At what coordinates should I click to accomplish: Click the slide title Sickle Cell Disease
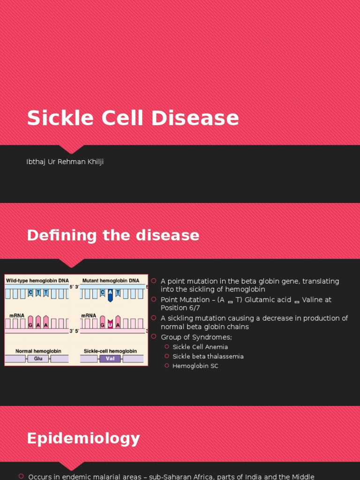coord(133,118)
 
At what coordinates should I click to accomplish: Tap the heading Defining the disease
coord(113,235)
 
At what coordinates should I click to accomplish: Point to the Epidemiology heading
coord(83,438)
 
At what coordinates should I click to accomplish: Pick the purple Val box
coord(110,359)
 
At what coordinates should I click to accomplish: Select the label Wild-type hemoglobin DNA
coord(36,280)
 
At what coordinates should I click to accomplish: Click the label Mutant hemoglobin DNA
coord(111,280)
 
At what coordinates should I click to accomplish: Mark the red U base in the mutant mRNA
coord(110,324)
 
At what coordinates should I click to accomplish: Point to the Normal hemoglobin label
coord(37,351)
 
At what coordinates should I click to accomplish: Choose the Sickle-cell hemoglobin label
coord(110,351)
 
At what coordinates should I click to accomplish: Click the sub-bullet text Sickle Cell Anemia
coord(200,347)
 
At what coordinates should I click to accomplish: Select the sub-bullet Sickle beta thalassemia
coord(208,356)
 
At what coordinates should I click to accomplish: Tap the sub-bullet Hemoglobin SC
coord(195,366)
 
